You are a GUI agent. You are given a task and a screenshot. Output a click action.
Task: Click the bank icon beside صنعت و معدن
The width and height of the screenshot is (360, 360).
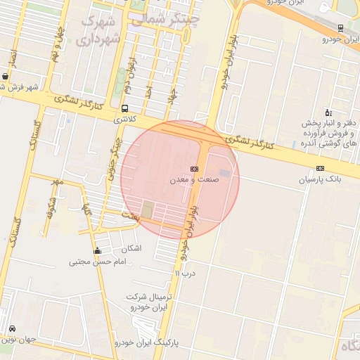coord(194,169)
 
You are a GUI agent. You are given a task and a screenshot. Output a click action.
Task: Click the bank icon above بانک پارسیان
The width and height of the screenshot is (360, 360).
coord(321,168)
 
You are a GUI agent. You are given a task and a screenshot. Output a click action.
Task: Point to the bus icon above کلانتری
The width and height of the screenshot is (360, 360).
coord(124,109)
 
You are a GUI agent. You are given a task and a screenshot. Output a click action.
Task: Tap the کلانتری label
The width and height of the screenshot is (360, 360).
coord(127,120)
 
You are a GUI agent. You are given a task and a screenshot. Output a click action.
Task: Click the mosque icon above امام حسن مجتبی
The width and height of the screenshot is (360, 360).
coord(97,251)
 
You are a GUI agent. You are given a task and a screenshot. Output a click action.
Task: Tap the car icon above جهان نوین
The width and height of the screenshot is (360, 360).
coord(13,329)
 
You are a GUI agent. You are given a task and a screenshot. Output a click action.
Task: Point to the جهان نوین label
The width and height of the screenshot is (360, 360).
coord(17,340)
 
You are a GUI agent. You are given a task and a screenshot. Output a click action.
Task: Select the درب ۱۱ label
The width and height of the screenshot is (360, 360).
coord(184,273)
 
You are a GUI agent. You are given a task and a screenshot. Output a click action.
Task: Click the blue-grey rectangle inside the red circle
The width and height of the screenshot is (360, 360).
coord(224,172)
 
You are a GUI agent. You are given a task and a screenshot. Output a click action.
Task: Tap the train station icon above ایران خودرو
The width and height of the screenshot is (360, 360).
coord(341,28)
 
